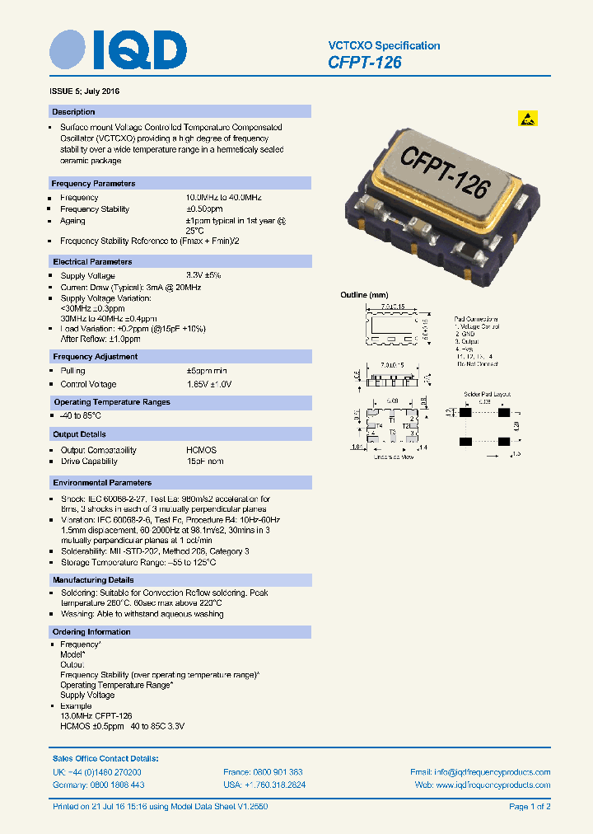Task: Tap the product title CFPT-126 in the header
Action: [x=365, y=62]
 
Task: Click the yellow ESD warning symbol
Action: [x=528, y=118]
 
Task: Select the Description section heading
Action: [x=73, y=112]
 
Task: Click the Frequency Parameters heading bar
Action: [x=93, y=184]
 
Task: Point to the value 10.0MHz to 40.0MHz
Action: [x=223, y=198]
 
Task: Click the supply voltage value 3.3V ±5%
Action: [x=203, y=275]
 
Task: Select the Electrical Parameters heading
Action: [x=92, y=262]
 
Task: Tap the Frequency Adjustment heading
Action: [x=95, y=357]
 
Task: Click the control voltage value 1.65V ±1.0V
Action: [x=209, y=384]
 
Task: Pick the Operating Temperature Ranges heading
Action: [x=111, y=402]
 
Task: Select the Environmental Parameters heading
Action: [x=102, y=483]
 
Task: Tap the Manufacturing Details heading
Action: [x=93, y=581]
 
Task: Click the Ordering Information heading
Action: [x=91, y=632]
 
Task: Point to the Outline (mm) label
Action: [x=364, y=295]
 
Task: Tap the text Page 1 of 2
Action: [x=530, y=806]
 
